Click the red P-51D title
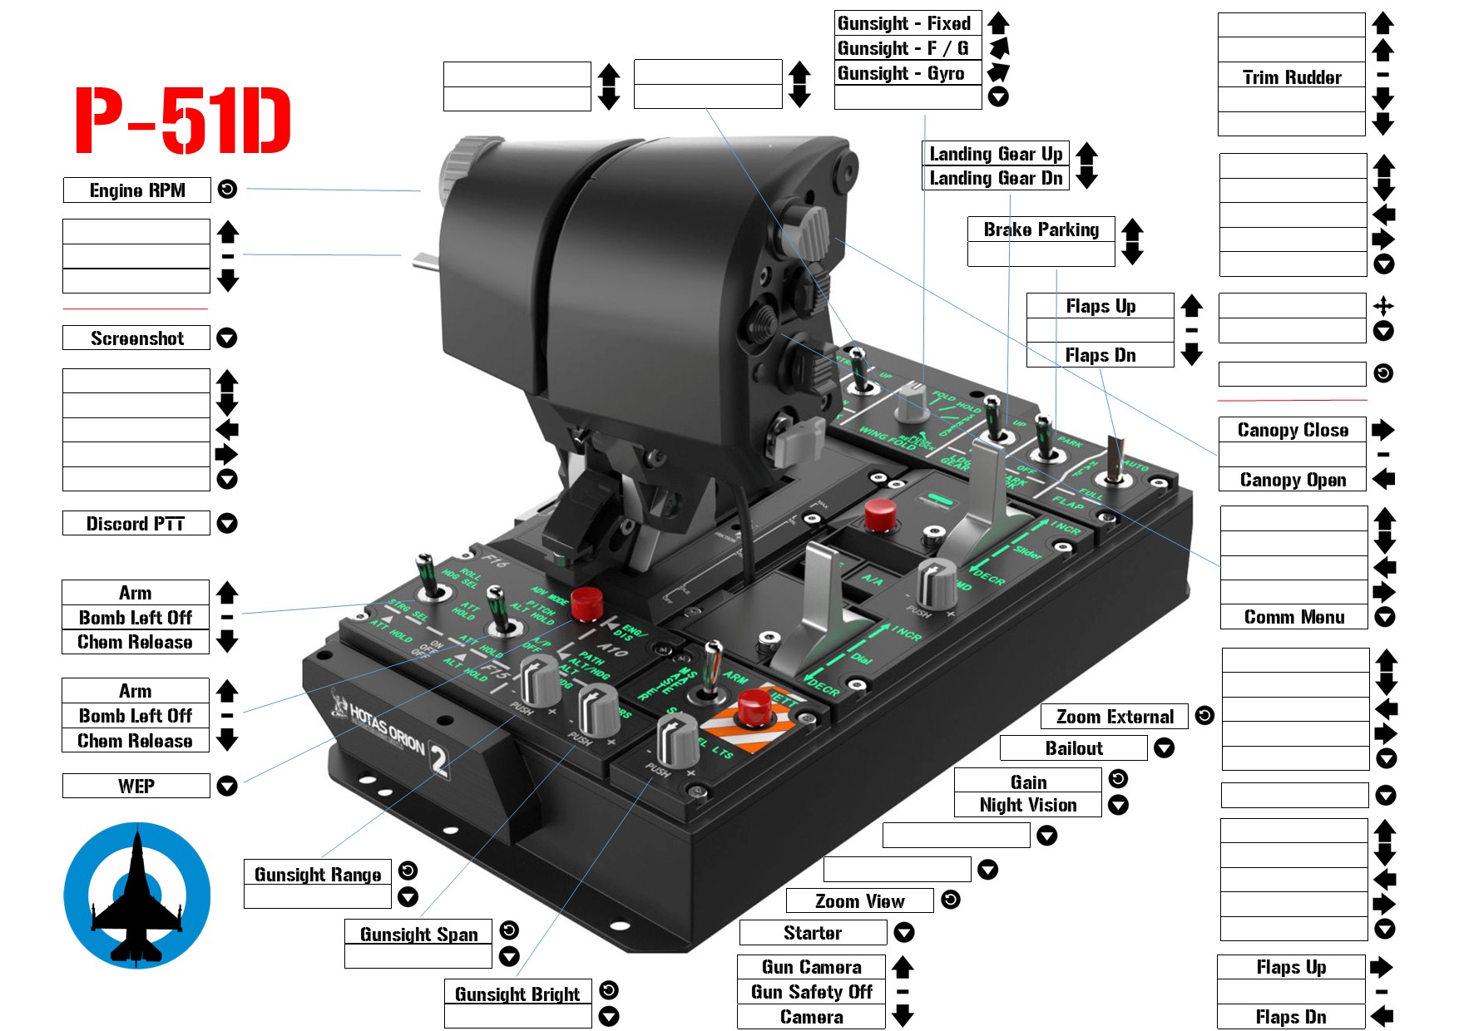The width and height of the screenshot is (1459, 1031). (183, 121)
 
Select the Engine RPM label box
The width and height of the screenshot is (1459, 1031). (137, 190)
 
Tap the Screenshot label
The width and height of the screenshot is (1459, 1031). (137, 338)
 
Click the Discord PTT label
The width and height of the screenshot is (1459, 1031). (136, 524)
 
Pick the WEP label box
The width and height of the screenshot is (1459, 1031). (136, 787)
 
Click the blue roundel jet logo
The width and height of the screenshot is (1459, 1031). (137, 895)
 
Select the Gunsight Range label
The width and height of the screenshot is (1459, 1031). (318, 874)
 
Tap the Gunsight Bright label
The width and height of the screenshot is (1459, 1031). (517, 994)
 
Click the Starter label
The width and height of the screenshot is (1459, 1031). (813, 933)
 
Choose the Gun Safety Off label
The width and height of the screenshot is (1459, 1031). (811, 992)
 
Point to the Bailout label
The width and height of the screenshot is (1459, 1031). (1074, 748)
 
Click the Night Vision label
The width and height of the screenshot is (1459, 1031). (1028, 805)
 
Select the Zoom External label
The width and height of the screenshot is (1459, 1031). (1115, 717)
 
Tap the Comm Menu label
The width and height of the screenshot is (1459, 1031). (1294, 617)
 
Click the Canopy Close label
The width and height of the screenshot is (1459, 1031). (1293, 430)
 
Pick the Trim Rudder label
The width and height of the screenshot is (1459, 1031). (1292, 77)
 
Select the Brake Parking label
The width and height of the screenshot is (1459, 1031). (1041, 229)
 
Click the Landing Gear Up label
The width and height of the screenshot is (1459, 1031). (996, 154)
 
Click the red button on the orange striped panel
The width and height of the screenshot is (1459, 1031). (754, 706)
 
